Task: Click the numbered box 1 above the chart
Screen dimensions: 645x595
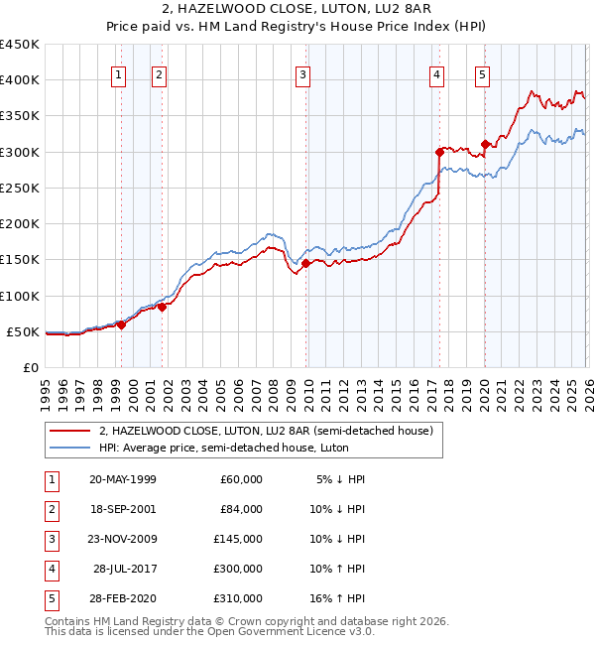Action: pos(119,72)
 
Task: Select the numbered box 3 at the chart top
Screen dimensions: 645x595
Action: pos(302,72)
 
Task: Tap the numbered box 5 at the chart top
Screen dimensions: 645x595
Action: pos(482,72)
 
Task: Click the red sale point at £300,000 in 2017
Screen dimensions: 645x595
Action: pos(439,152)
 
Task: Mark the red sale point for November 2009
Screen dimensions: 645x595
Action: pos(305,263)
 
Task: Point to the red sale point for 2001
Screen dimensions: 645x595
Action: pos(162,307)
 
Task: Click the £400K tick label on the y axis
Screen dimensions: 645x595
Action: pos(20,80)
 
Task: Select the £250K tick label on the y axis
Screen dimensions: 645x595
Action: pos(20,188)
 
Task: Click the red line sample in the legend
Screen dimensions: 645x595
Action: pos(70,432)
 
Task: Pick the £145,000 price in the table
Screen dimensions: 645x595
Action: pos(237,539)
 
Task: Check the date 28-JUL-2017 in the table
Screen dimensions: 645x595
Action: pos(124,569)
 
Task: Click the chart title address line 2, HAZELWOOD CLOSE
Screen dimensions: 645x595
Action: pos(297,12)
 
